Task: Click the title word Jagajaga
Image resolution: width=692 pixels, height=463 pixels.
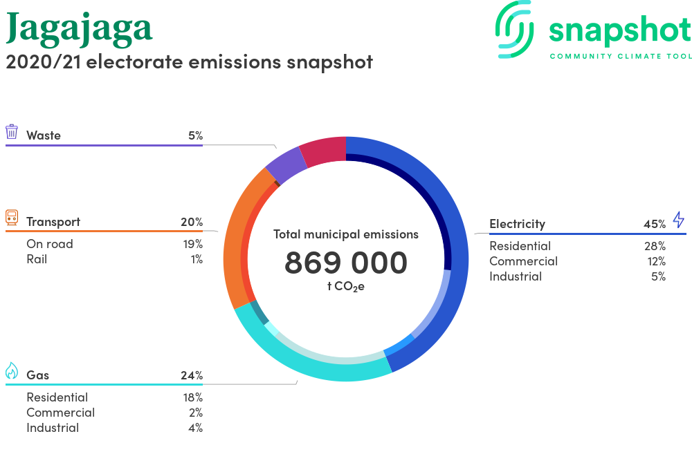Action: click(80, 29)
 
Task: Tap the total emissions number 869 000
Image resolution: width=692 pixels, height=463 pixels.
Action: click(346, 263)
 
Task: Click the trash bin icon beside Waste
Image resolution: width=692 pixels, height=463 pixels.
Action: click(12, 132)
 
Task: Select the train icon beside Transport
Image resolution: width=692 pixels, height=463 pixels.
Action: click(12, 218)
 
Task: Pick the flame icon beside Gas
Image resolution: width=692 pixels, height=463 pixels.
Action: click(12, 371)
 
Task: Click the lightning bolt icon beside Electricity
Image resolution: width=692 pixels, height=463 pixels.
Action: click(679, 219)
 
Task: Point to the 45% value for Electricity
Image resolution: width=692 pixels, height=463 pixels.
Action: click(655, 224)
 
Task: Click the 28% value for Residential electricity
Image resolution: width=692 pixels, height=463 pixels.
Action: click(655, 246)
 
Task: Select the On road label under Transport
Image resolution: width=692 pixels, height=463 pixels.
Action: click(49, 244)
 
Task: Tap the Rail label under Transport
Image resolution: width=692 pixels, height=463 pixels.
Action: click(37, 259)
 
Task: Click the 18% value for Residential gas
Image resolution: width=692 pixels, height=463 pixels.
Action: click(193, 397)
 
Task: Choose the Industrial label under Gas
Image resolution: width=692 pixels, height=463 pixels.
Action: click(53, 428)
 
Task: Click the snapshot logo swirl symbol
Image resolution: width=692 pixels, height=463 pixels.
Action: click(514, 29)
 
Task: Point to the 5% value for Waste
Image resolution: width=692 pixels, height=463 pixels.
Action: click(196, 135)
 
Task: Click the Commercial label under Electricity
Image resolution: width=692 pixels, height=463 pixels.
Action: click(523, 261)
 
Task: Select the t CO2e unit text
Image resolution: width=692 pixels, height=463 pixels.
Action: click(346, 287)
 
